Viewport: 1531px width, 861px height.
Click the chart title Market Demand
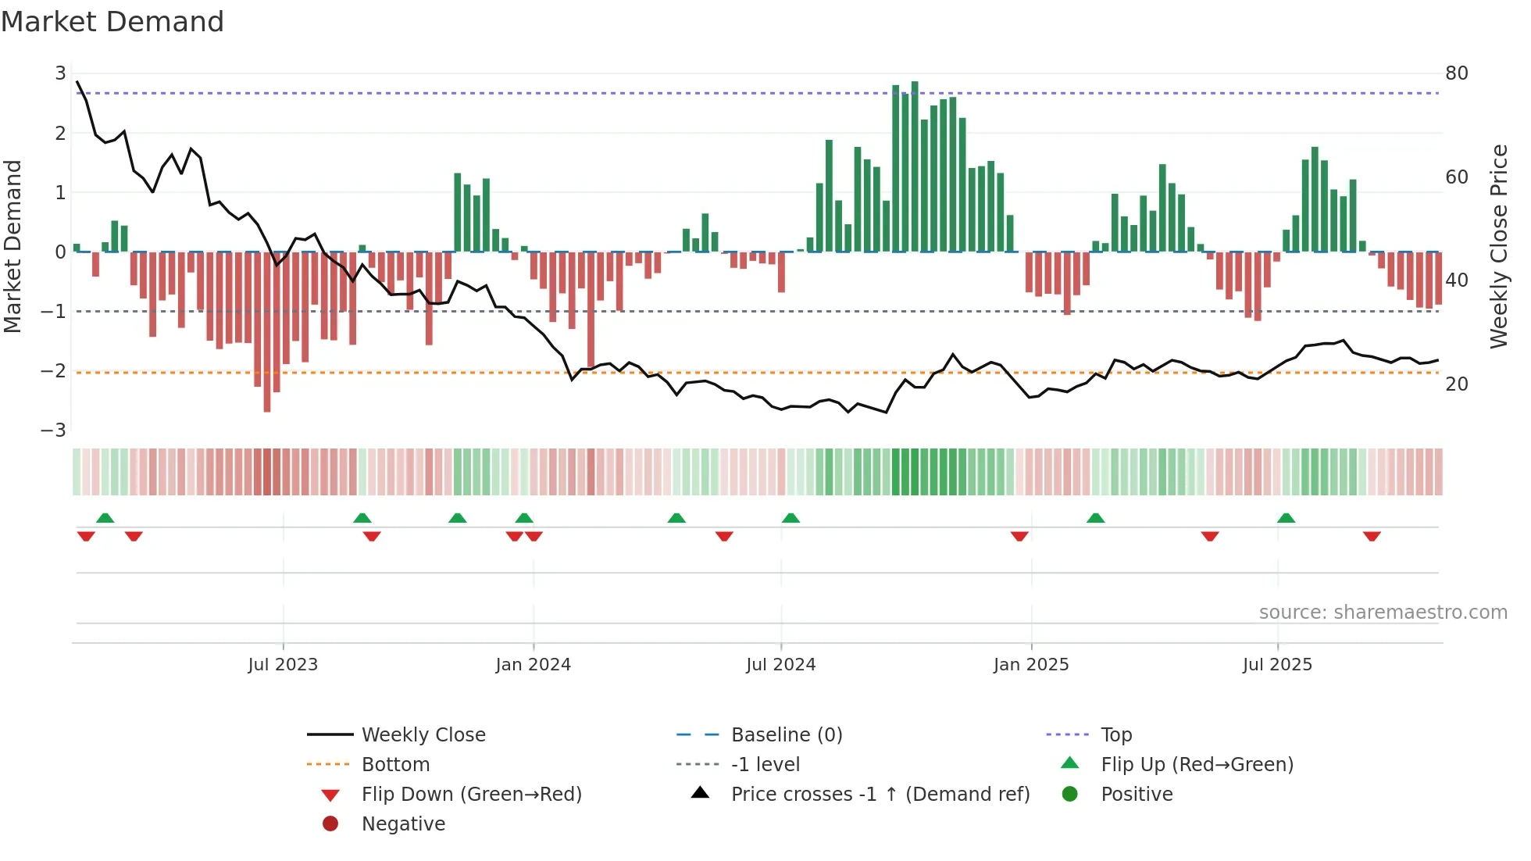tap(112, 22)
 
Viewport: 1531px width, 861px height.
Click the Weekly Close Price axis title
tap(1498, 246)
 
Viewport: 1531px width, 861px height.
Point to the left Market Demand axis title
tap(12, 246)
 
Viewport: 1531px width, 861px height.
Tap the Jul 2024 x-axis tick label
tap(780, 665)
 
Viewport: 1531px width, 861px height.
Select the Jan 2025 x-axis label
tap(1030, 665)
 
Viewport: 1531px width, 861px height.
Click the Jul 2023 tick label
tap(283, 665)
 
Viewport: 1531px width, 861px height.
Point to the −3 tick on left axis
tap(53, 430)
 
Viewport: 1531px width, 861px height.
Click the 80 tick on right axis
tap(1456, 73)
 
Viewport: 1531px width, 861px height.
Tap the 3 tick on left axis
tap(60, 73)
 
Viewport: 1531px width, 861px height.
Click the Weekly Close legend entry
tap(423, 735)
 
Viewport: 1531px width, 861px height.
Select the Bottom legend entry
tap(395, 765)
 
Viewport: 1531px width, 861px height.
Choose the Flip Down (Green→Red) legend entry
tap(471, 795)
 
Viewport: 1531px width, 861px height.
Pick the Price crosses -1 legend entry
tap(880, 795)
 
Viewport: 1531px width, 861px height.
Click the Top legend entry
tap(1116, 735)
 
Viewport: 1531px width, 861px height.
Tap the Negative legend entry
tap(403, 824)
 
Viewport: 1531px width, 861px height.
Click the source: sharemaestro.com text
tap(1383, 613)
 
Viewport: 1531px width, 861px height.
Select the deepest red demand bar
tap(267, 331)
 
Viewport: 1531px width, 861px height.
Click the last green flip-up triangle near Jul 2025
tap(1286, 518)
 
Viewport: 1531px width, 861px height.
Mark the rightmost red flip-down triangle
tap(1372, 536)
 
